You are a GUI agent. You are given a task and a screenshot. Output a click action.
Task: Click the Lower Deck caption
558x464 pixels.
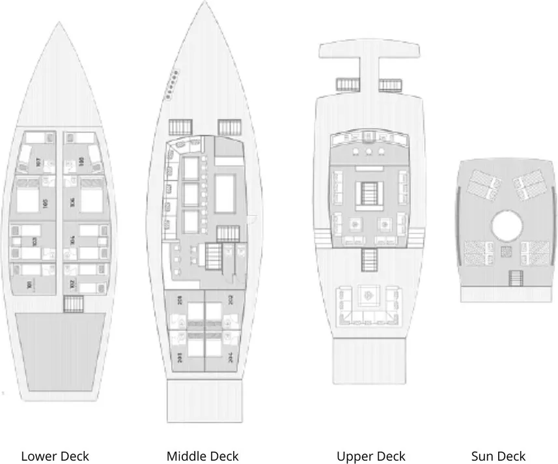click(x=55, y=456)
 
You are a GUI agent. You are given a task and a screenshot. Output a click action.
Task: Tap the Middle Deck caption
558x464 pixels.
click(x=202, y=456)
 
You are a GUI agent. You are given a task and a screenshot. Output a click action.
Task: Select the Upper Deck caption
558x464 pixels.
click(x=370, y=456)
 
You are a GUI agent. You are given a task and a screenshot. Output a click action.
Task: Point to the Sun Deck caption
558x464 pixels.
click(x=498, y=456)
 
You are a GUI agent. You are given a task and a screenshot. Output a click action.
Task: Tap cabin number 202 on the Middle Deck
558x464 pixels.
click(x=230, y=300)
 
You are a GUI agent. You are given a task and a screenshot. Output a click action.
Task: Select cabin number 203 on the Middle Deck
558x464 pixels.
click(x=180, y=357)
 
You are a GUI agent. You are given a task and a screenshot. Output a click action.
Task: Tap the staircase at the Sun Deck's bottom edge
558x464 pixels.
click(x=515, y=278)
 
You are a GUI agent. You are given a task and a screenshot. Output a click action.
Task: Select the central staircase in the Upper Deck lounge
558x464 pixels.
click(x=370, y=192)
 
